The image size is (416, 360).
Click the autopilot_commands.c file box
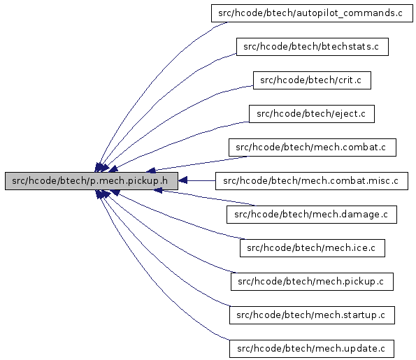pyautogui.click(x=312, y=13)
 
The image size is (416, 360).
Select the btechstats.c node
pyautogui.click(x=313, y=47)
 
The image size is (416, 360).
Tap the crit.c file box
pyautogui.click(x=312, y=80)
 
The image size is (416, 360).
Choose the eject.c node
pyautogui.click(x=312, y=114)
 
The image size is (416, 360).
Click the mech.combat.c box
pyautogui.click(x=313, y=147)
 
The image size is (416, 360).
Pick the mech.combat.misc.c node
pyautogui.click(x=312, y=181)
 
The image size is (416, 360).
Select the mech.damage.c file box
pyautogui.click(x=312, y=215)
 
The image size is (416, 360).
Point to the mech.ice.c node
pyautogui.click(x=313, y=248)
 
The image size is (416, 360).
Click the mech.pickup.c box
pyautogui.click(x=312, y=282)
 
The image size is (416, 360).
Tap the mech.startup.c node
pyautogui.click(x=312, y=315)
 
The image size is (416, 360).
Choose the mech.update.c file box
pyautogui.click(x=312, y=349)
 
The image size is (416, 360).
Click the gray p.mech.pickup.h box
pyautogui.click(x=92, y=181)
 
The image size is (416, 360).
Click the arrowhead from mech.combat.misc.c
pyautogui.click(x=182, y=180)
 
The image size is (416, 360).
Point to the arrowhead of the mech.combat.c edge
pyautogui.click(x=151, y=171)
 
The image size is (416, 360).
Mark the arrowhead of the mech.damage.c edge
pyautogui.click(x=158, y=190)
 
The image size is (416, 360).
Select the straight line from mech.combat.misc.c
pyautogui.click(x=201, y=180)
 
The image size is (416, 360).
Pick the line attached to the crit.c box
pyautogui.click(x=170, y=116)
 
